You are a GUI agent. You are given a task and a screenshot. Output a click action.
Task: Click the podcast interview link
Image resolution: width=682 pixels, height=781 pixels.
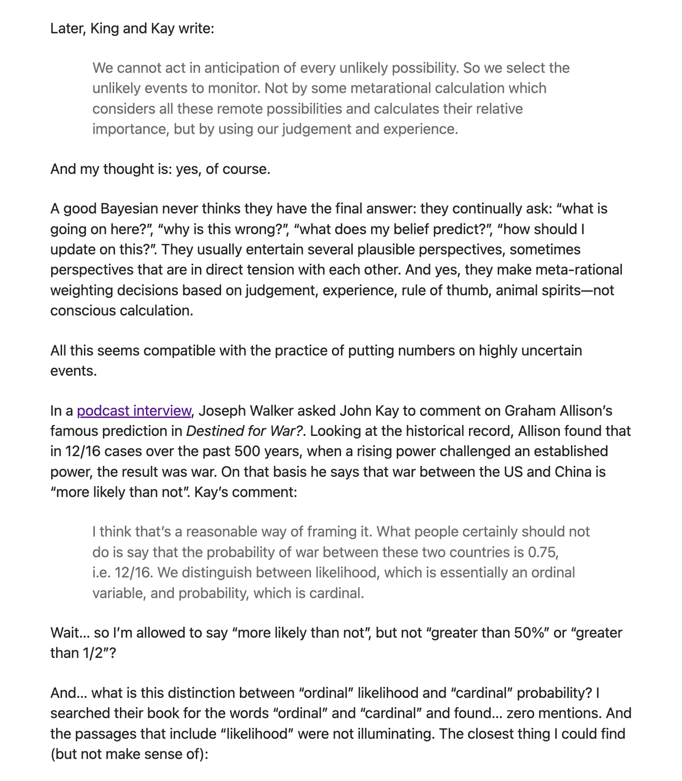134,410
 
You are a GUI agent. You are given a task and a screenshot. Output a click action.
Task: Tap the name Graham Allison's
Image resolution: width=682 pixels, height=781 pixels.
558,410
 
